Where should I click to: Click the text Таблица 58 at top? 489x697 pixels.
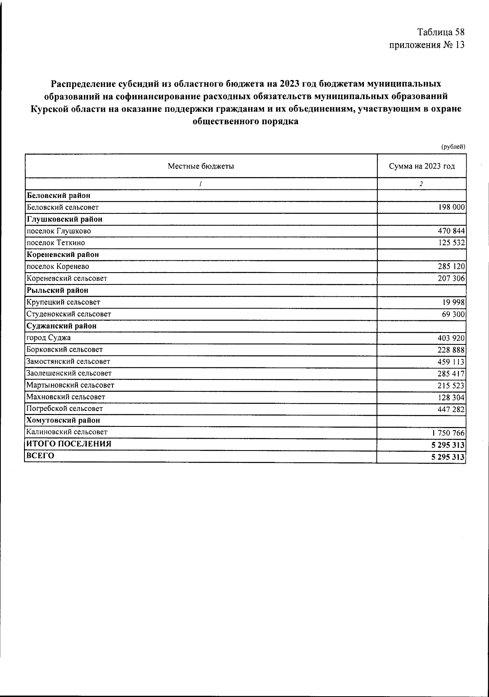(x=441, y=32)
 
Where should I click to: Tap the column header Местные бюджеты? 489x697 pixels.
(x=201, y=166)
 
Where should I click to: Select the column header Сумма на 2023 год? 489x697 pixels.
(x=422, y=166)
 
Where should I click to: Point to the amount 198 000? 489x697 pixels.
(x=451, y=207)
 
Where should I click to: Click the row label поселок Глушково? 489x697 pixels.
(x=59, y=231)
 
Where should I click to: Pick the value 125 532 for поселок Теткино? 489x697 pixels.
(x=451, y=243)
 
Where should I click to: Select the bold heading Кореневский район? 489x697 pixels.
(x=63, y=255)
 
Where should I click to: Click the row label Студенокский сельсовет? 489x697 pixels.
(x=68, y=314)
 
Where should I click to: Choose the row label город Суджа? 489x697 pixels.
(x=48, y=338)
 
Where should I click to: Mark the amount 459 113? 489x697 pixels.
(x=451, y=362)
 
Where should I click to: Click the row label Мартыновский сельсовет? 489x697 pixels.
(x=70, y=385)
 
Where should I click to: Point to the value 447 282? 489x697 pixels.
(x=451, y=409)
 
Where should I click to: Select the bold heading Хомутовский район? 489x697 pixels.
(x=63, y=420)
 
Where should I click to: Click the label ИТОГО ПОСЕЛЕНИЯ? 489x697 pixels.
(x=69, y=444)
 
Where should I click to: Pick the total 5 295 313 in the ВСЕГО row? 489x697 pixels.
(x=448, y=457)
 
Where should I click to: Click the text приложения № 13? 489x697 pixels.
(x=427, y=45)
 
